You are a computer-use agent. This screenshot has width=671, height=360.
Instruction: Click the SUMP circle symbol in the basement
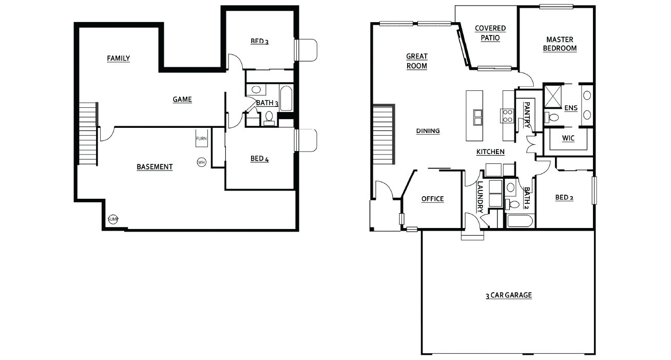(x=113, y=219)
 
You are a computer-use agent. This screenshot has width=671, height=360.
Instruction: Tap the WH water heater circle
(x=201, y=162)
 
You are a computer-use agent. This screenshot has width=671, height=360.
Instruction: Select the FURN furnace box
(x=202, y=138)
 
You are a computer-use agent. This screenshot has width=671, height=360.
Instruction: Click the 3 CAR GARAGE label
(x=509, y=295)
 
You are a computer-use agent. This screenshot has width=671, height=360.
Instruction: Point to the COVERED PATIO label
(x=490, y=33)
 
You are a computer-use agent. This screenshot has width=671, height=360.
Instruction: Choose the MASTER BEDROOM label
(x=560, y=44)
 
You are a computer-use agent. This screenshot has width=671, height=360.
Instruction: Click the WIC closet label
(x=568, y=138)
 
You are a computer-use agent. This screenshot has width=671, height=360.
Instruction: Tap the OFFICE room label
(x=433, y=199)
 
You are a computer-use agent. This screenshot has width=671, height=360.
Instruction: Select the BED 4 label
(x=259, y=159)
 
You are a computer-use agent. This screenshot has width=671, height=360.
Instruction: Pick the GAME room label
(x=182, y=99)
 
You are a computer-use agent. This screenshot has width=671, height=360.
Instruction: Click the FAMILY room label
(x=118, y=58)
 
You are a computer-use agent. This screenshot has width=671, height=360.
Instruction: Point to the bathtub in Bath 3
(x=286, y=98)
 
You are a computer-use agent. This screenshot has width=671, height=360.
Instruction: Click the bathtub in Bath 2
(x=520, y=221)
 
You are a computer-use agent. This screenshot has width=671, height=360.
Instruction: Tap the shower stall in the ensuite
(x=553, y=96)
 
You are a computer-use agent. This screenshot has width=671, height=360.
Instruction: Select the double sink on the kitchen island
(x=477, y=117)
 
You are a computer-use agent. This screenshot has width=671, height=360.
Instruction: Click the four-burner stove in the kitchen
(x=507, y=116)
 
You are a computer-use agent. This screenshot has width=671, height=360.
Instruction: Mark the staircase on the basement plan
(x=88, y=134)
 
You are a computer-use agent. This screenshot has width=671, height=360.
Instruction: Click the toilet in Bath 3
(x=269, y=118)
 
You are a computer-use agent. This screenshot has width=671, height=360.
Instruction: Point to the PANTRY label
(x=527, y=115)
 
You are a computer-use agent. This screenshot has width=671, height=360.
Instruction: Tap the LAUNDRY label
(x=480, y=197)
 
